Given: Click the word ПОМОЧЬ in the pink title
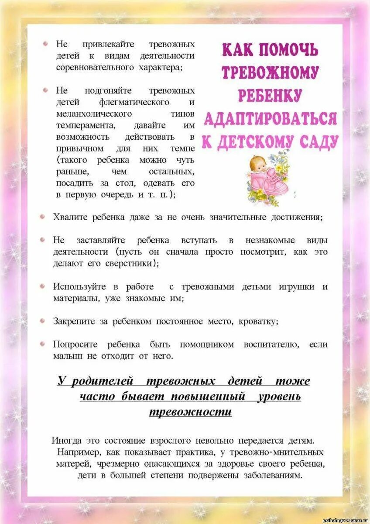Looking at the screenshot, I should [288, 50].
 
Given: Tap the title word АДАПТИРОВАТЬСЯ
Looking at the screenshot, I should [271, 118].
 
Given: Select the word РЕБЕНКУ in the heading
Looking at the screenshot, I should [270, 95].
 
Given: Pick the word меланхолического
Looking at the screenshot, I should [94, 114].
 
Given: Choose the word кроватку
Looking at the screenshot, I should [258, 321].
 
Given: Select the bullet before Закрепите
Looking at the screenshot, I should [42, 321].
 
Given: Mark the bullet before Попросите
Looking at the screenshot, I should [42, 344].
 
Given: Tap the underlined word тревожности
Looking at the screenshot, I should [190, 412].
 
